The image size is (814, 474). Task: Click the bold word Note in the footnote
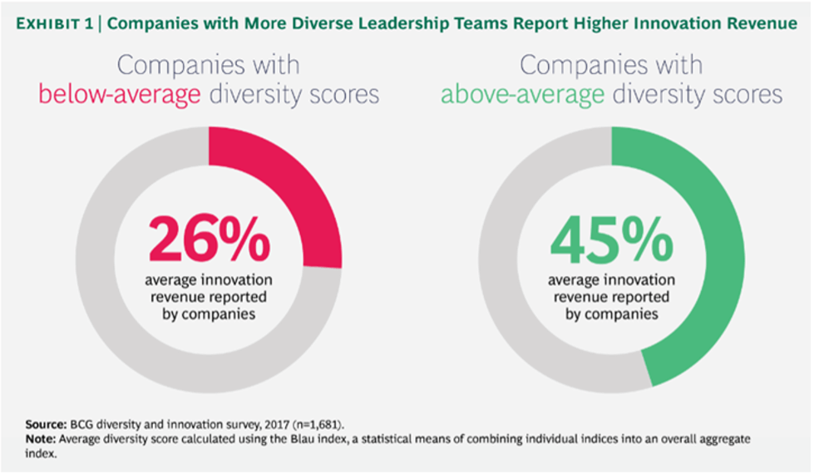pos(39,437)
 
